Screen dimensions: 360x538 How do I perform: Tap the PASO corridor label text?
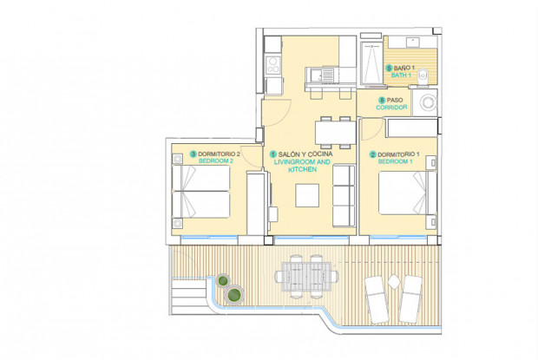pyautogui.click(x=396, y=100)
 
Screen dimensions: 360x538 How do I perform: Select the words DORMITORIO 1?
pyautogui.click(x=400, y=154)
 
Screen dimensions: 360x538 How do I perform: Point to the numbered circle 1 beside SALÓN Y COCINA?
pyautogui.click(x=272, y=154)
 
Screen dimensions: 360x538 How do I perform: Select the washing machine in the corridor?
pyautogui.click(x=428, y=104)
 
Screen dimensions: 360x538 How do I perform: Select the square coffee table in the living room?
pyautogui.click(x=307, y=197)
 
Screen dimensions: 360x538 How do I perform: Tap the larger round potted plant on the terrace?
pyautogui.click(x=233, y=296)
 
